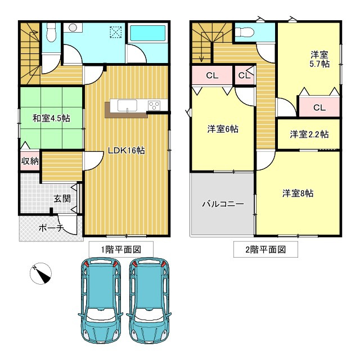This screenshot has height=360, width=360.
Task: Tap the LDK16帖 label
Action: point(127,150)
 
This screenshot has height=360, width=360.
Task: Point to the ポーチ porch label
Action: point(51,228)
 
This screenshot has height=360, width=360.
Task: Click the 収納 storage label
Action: point(30,161)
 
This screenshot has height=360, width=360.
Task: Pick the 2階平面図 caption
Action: point(265,249)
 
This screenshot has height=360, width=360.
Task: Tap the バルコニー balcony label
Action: point(223,204)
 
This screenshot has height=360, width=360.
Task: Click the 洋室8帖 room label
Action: point(298,193)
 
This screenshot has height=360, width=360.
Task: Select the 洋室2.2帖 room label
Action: point(309,134)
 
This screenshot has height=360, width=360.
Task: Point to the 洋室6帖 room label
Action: point(222,129)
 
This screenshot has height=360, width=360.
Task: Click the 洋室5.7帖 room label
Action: point(319,60)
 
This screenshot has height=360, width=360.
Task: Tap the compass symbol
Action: point(40,273)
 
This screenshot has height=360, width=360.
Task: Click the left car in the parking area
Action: point(99,301)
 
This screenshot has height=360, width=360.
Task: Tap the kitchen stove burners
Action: point(155,105)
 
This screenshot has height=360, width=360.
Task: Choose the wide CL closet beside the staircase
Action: point(211,75)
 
